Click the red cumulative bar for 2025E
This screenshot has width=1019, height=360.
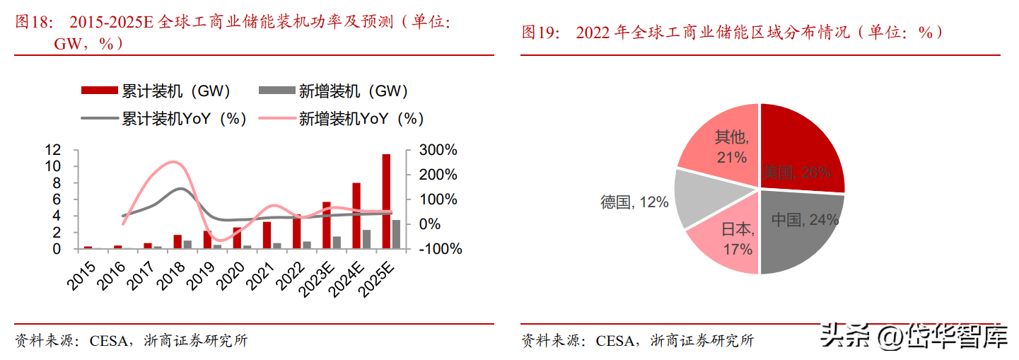[386, 202]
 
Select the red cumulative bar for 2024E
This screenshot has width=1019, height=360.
[356, 216]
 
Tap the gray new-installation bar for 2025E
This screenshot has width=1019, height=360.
[396, 235]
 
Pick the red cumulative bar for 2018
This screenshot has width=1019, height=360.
[177, 242]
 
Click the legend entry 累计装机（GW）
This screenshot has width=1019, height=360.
[156, 91]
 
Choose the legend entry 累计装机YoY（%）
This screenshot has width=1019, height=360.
[164, 119]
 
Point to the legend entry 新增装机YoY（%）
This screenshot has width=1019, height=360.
[341, 119]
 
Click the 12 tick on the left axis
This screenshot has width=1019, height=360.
[52, 150]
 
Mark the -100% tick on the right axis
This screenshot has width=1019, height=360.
[438, 249]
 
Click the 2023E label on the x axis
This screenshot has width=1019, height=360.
[319, 278]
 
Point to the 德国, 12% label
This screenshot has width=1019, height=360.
[634, 203]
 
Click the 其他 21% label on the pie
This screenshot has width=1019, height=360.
[730, 147]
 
